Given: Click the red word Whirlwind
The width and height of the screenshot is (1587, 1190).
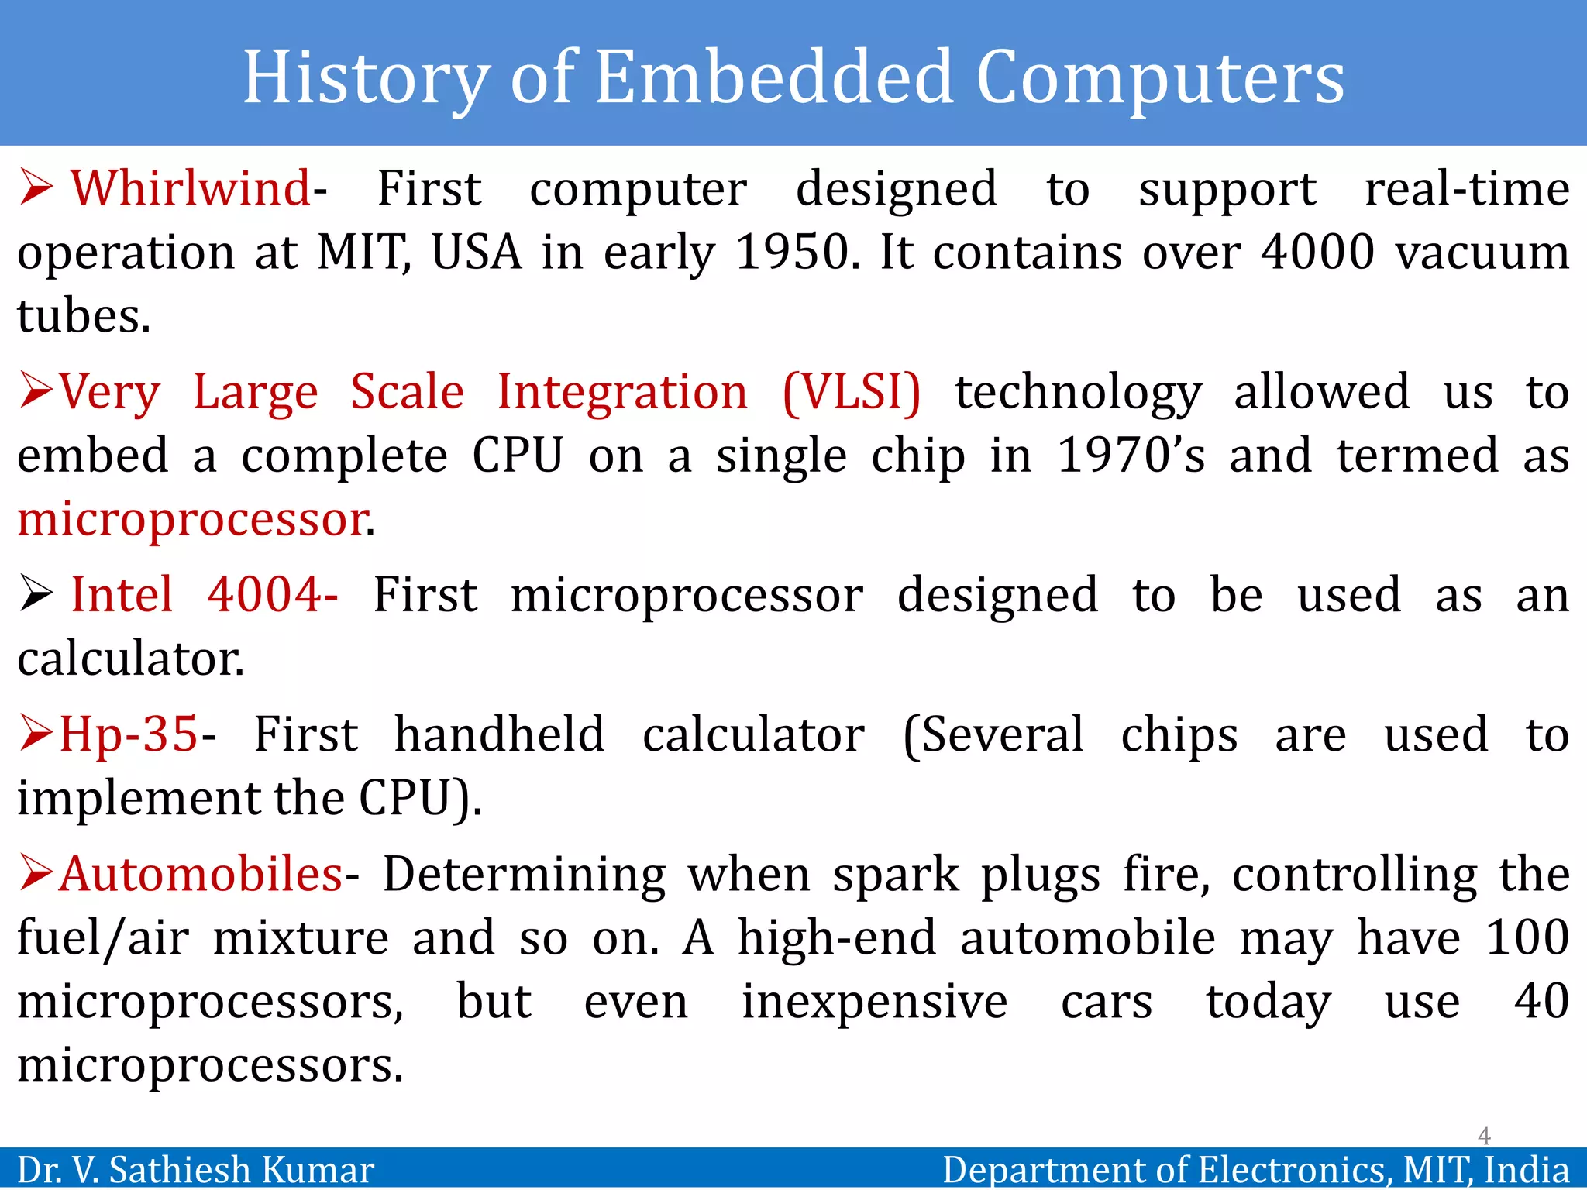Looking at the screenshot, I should (x=191, y=189).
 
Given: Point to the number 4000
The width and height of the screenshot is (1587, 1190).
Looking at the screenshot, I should (x=1317, y=253).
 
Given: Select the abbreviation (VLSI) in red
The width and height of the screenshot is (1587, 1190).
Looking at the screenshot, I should (x=852, y=392).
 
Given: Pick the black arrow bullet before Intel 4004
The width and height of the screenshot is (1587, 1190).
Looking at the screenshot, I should (x=36, y=595).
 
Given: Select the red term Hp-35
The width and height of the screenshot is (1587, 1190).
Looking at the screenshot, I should (x=129, y=734).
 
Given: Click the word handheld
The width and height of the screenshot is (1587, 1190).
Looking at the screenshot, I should (x=499, y=734).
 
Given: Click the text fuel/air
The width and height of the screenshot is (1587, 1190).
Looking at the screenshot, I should (x=102, y=938).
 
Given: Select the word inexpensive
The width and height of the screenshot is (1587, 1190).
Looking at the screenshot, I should (x=874, y=1002).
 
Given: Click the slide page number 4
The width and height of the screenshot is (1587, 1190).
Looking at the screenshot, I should (x=1484, y=1136).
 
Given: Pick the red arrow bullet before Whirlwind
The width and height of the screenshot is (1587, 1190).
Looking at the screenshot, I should (x=36, y=188).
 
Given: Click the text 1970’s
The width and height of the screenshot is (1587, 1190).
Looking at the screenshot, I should (x=1131, y=456).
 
